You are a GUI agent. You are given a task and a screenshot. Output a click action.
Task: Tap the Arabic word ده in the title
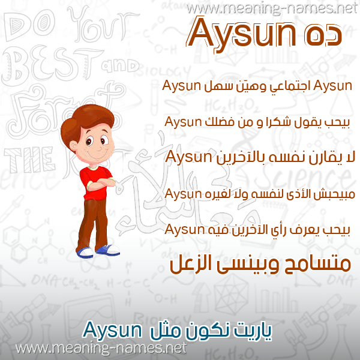tap(323, 35)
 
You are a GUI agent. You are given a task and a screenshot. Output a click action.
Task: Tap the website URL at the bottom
tap(101, 349)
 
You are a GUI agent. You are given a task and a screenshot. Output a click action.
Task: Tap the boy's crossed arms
tap(101, 184)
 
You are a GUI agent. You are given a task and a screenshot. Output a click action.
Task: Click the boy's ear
tap(73, 146)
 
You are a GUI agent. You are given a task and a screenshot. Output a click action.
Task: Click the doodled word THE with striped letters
tap(30, 160)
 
